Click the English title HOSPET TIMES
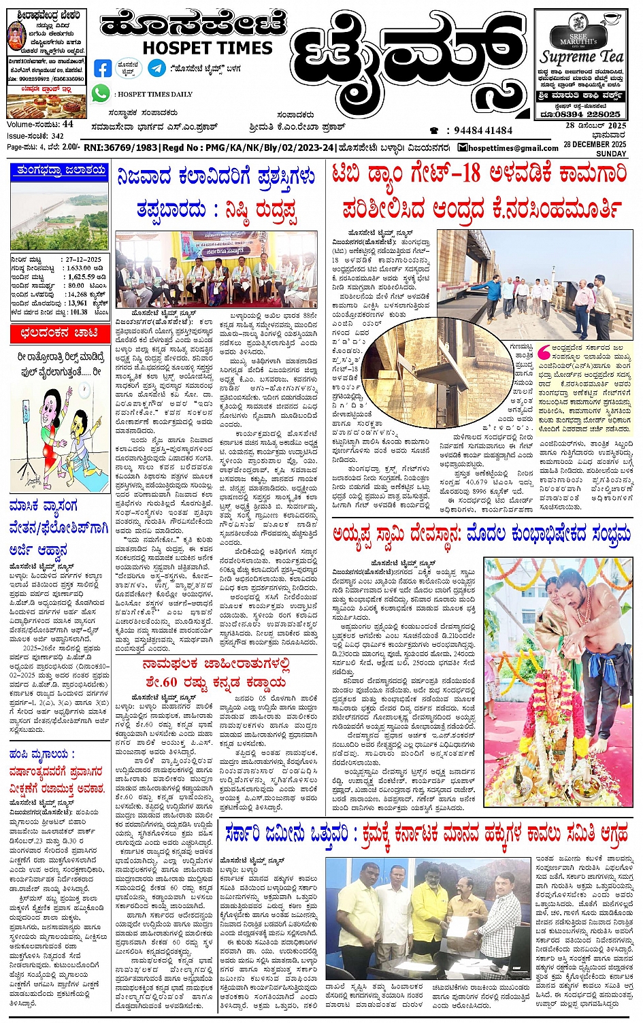tap(207, 48)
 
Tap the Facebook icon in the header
tap(103, 69)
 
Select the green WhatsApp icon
tap(101, 93)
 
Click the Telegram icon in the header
tap(156, 68)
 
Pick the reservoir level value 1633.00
tap(79, 269)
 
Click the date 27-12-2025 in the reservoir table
tap(83, 260)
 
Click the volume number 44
tap(67, 124)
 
